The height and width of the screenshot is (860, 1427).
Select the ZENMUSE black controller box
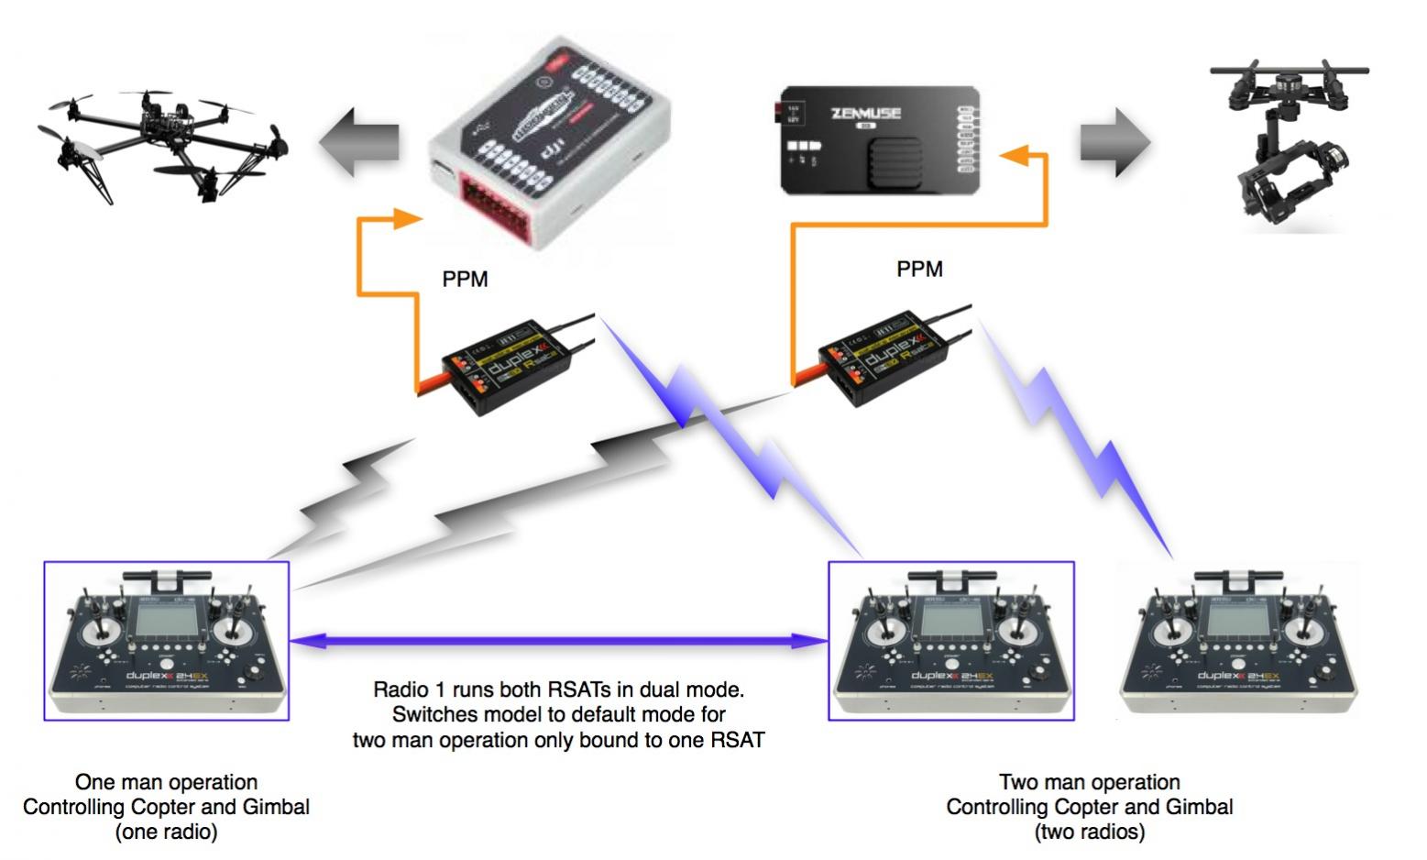[880, 140]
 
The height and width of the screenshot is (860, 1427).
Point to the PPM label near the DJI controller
[465, 279]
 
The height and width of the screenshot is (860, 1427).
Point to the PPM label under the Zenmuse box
[919, 269]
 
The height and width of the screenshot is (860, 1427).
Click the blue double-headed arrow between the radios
[559, 642]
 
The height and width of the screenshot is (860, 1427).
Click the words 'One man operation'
[166, 782]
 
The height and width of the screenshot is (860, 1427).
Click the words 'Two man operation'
[1089, 782]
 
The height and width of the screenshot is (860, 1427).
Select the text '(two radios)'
[1089, 832]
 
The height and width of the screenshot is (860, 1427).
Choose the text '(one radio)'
[166, 832]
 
